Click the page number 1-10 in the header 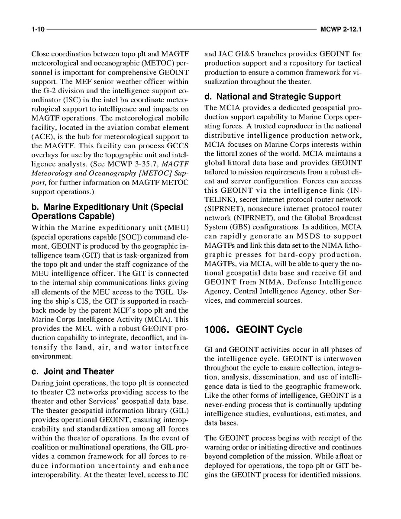coord(37,30)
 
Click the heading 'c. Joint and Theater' coord(73,371)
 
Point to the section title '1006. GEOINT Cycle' coord(253,330)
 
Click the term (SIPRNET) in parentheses coord(221,208)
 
